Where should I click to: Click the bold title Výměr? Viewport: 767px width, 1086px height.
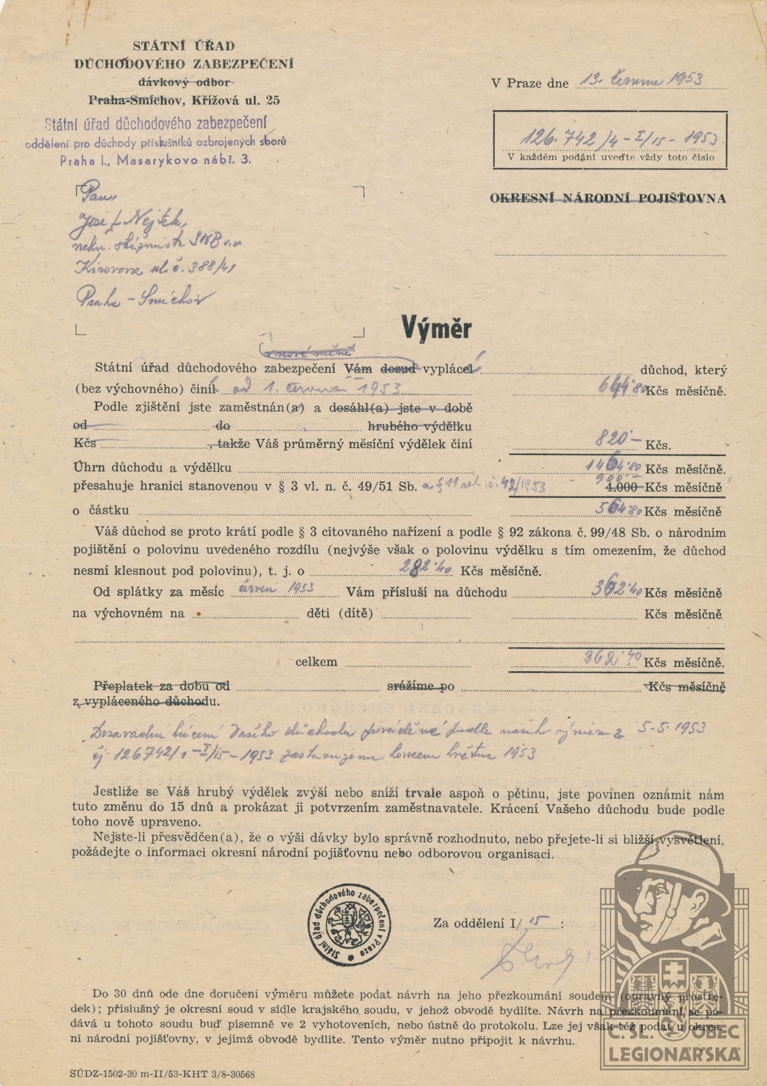pyautogui.click(x=437, y=327)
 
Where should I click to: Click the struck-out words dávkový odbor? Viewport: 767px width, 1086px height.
pyautogui.click(x=184, y=82)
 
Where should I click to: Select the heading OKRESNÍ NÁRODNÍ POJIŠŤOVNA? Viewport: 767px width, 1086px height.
pyautogui.click(x=608, y=199)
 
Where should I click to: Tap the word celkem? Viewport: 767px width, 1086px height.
pyautogui.click(x=316, y=662)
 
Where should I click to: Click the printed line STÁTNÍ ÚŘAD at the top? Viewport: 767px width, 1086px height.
pyautogui.click(x=184, y=46)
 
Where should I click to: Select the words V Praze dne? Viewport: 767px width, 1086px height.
pyautogui.click(x=530, y=84)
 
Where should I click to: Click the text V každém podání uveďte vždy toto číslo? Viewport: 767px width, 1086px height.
pyautogui.click(x=609, y=157)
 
